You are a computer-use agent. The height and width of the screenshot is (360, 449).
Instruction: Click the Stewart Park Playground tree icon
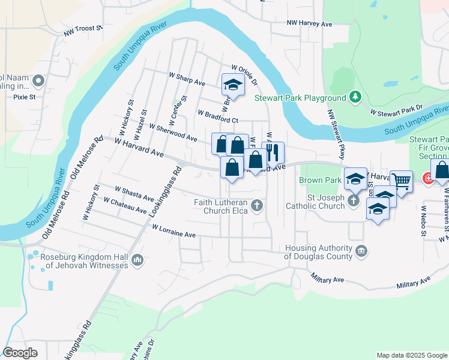coord(355,97)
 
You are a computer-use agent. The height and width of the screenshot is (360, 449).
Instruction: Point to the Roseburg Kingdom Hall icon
coord(137,260)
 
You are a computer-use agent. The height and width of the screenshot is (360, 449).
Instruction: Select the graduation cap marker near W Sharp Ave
coord(232,85)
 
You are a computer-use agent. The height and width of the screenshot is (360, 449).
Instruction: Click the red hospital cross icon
coord(429,178)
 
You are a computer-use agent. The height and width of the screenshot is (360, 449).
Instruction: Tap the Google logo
coord(20,353)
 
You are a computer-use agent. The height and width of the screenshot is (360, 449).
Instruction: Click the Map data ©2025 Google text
coord(412,355)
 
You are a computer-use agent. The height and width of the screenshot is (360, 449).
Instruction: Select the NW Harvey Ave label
coord(309,24)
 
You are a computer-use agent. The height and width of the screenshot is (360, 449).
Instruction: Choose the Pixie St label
coord(25,96)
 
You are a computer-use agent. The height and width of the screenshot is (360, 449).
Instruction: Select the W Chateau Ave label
coord(125,205)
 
